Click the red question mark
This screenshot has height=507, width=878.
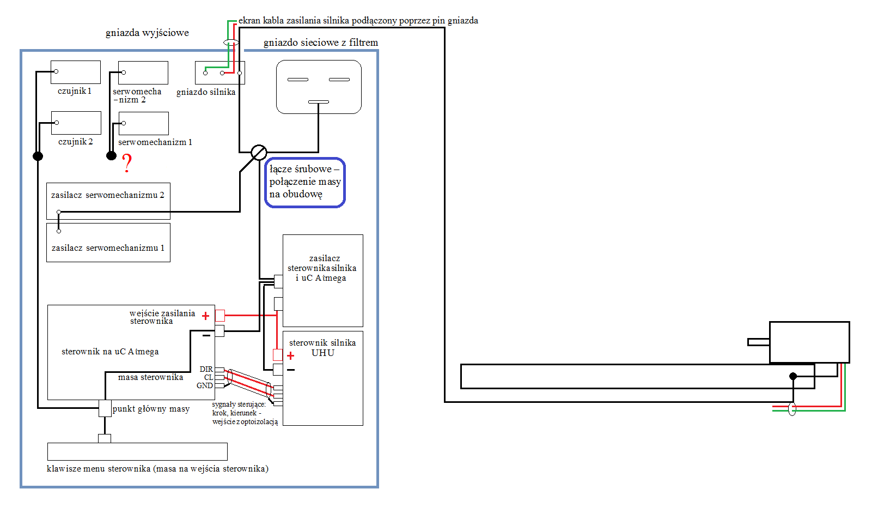click(126, 163)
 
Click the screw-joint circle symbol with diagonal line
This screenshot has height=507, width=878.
click(259, 152)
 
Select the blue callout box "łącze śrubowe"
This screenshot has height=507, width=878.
click(305, 183)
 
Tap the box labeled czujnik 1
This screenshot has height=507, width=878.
click(76, 72)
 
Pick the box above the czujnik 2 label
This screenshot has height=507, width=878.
click(76, 123)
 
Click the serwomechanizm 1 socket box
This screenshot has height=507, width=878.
click(143, 123)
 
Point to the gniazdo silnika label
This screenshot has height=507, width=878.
click(206, 92)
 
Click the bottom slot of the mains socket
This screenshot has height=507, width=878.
click(318, 102)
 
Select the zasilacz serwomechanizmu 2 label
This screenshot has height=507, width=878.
click(107, 195)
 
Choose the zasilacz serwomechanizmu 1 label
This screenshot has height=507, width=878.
click(108, 248)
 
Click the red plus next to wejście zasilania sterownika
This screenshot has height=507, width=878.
click(205, 316)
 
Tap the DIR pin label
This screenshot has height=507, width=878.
click(206, 369)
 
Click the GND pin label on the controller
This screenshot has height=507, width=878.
click(205, 386)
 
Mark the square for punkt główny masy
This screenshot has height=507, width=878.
click(105, 408)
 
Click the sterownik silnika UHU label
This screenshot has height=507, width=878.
click(322, 348)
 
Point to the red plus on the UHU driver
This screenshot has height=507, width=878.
click(290, 355)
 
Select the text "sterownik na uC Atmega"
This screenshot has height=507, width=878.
click(110, 352)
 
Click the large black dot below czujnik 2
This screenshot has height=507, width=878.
click(38, 156)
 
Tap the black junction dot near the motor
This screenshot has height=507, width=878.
click(793, 376)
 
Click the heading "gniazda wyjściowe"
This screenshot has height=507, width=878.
click(147, 33)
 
